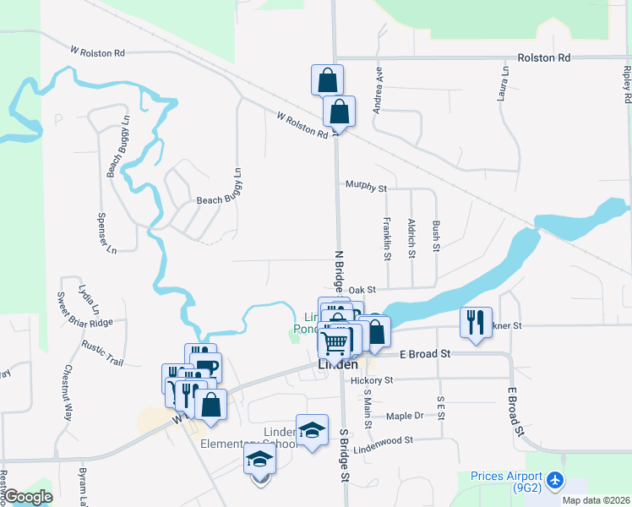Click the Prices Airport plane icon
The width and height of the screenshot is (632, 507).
click(555, 480)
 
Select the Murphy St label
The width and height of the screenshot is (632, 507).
click(366, 186)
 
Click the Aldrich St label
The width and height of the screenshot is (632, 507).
click(411, 237)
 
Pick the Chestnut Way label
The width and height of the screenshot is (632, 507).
click(68, 394)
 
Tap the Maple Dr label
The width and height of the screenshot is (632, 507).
click(405, 416)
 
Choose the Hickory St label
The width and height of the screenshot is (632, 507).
click(372, 381)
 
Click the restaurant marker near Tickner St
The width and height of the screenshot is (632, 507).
click(477, 322)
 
